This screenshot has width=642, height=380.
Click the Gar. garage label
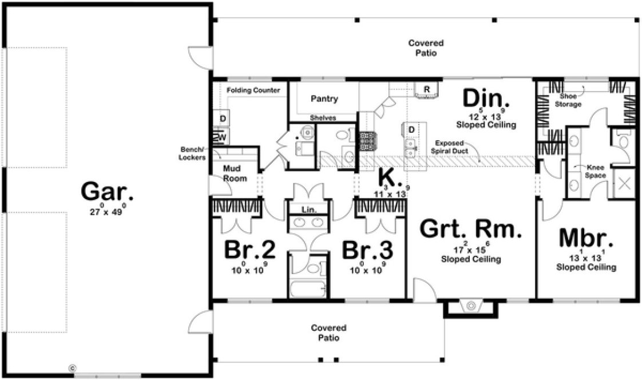(x=107, y=192)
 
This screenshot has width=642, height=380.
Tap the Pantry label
(x=324, y=98)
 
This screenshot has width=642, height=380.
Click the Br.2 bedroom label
(x=250, y=250)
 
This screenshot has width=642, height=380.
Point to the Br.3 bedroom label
(x=367, y=250)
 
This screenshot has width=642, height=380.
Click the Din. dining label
(x=486, y=98)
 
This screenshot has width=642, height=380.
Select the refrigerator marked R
(x=426, y=89)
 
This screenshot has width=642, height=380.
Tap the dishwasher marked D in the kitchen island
(x=411, y=129)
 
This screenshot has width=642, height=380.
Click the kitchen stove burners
(x=366, y=141)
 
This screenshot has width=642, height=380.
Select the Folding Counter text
(x=253, y=90)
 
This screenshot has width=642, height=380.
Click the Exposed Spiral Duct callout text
(x=452, y=147)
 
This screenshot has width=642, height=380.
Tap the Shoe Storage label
(x=570, y=101)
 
